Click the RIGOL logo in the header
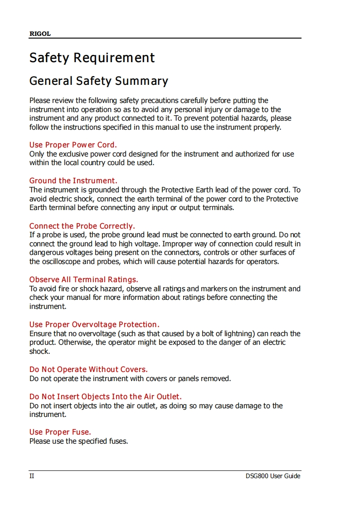click(x=40, y=34)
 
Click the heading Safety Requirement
click(x=92, y=58)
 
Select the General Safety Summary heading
click(x=98, y=81)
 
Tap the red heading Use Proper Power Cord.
click(x=73, y=145)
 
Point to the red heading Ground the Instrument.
click(x=73, y=181)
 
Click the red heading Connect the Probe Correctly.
click(x=82, y=226)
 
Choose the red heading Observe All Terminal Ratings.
click(x=84, y=279)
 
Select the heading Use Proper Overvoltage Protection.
click(x=94, y=324)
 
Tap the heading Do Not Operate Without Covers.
click(x=88, y=369)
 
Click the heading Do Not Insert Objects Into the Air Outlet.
click(x=106, y=396)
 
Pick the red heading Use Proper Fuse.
click(x=60, y=432)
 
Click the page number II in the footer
click(x=32, y=476)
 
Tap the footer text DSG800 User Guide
click(x=272, y=476)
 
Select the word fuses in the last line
click(x=117, y=441)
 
